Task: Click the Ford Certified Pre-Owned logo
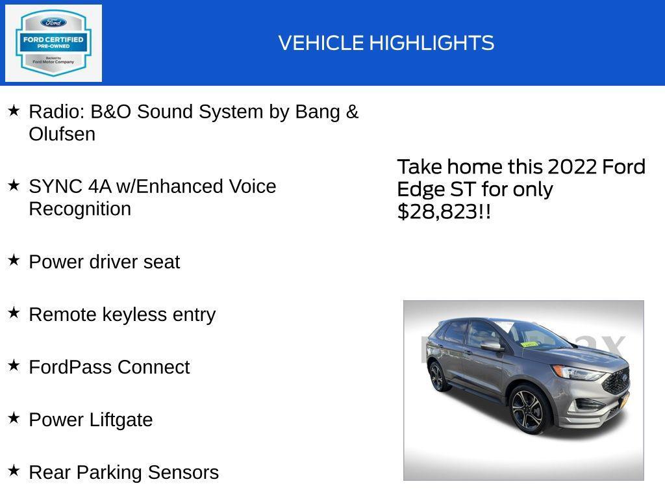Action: click(53, 44)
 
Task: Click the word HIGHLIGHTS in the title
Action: click(432, 43)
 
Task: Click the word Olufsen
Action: click(62, 134)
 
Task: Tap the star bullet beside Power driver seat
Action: click(14, 261)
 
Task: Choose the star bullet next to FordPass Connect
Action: click(14, 366)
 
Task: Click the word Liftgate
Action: click(121, 420)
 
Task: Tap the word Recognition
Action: click(80, 209)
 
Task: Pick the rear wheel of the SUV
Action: click(437, 377)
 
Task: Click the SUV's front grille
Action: click(615, 381)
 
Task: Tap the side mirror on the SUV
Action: click(492, 346)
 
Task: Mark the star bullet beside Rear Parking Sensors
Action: click(14, 471)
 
